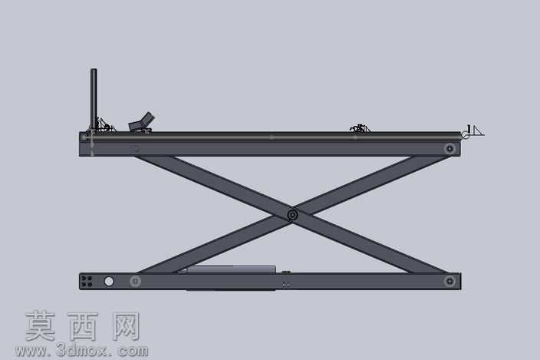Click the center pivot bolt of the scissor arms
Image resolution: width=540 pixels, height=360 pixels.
292,216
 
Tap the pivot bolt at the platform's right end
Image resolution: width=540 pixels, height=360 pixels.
449,149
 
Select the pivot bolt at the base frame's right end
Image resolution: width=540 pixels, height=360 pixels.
449,282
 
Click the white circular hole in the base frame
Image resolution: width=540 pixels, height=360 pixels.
109,282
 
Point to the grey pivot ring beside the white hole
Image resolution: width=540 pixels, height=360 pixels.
135,282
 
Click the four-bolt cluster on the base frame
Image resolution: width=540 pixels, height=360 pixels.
87,281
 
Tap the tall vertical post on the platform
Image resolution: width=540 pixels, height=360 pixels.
94,99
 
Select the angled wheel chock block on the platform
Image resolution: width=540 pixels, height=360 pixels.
141,122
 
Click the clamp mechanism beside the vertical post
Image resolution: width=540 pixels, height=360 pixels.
105,125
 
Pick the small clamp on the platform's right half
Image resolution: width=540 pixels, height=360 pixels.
360,128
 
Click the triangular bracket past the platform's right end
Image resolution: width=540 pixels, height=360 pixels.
478,131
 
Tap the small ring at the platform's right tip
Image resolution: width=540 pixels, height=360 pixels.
465,135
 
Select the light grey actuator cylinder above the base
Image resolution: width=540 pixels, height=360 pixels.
231,269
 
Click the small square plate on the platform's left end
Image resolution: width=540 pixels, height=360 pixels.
84,137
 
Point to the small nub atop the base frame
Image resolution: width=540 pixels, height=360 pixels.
285,272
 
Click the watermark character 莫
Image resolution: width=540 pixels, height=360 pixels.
41,326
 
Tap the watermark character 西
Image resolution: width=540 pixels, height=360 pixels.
83,326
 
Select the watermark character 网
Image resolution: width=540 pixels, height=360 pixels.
126,326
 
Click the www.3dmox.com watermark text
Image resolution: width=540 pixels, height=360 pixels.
81,351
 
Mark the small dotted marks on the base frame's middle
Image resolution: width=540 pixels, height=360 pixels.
285,285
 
